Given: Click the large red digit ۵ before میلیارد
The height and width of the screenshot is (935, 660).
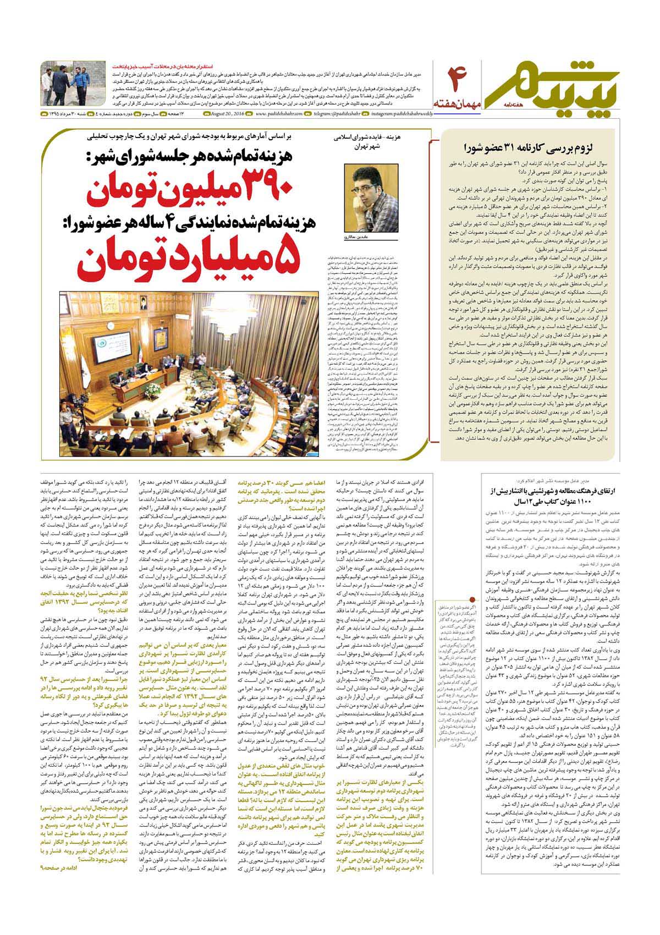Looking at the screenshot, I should point(293,258).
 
